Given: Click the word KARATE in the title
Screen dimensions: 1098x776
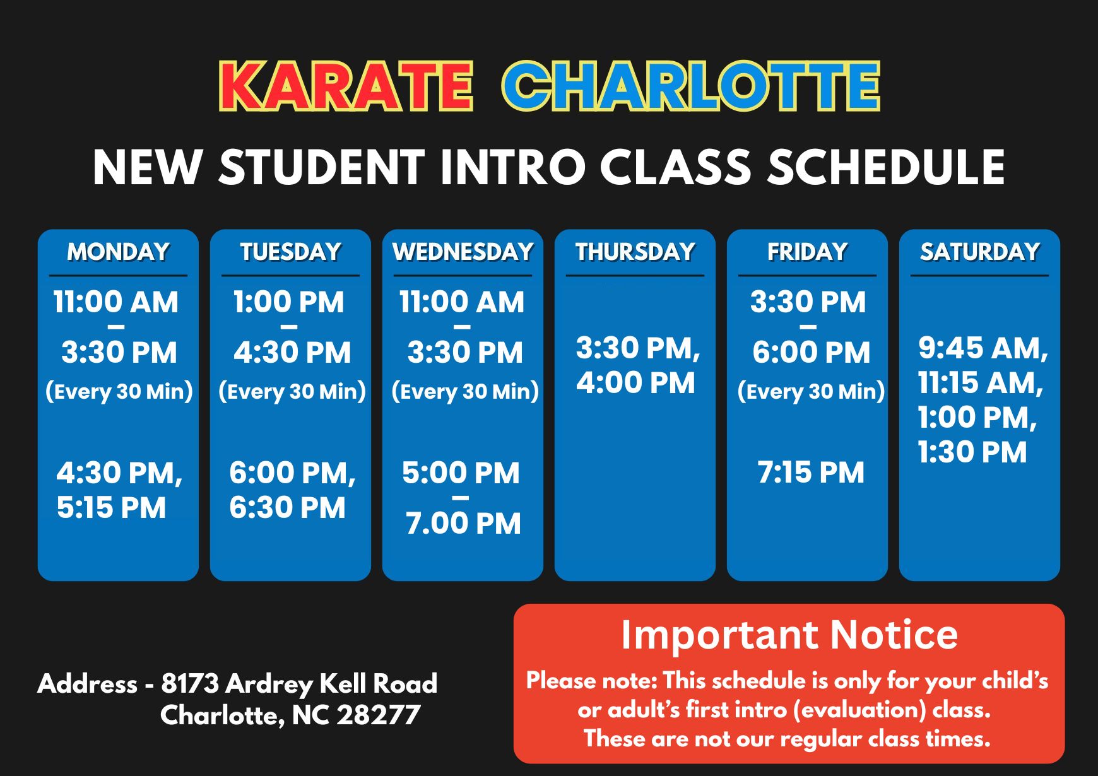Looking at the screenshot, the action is (346, 86).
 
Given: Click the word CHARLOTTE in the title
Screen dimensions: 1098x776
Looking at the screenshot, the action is (691, 86).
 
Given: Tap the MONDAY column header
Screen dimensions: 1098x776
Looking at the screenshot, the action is (118, 252).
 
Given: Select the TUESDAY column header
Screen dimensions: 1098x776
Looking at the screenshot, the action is (290, 252).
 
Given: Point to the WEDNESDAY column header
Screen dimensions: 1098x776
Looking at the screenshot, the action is (463, 252).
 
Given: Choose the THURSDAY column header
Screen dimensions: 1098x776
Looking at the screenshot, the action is (635, 252).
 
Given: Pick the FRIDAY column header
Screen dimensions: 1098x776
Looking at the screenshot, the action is (807, 252).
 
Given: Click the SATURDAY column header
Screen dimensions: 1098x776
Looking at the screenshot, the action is (979, 252).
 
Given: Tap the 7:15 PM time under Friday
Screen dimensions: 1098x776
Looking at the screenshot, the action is (811, 473).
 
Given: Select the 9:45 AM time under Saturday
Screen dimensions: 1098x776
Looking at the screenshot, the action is (983, 348).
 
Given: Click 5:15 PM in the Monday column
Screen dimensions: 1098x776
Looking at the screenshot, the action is (111, 508).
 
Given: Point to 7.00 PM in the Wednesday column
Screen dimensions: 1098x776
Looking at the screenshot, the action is (463, 524).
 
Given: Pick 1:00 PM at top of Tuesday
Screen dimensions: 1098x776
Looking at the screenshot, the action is (288, 302).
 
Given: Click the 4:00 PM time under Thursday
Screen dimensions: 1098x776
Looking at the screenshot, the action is (635, 383).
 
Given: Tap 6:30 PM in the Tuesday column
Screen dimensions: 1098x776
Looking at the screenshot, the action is (287, 508).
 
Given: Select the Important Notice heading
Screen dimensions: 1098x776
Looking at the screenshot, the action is (789, 634).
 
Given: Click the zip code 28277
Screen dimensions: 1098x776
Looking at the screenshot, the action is (378, 715).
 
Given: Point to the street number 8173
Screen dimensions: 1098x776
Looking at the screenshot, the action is (190, 683).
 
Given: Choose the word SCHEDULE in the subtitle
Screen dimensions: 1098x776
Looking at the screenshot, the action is (885, 167).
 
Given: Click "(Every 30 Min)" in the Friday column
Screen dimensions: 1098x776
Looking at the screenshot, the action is (811, 392).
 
